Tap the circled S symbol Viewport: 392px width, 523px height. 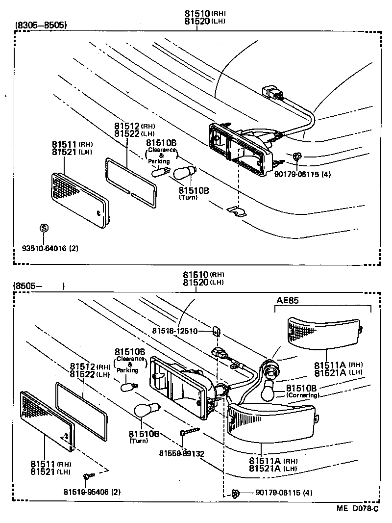pos(44,228)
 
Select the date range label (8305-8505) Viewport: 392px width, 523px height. pos(41,25)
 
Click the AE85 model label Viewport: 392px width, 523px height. pos(287,300)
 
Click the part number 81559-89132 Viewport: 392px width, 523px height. pos(181,452)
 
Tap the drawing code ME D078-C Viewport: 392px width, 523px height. pos(357,508)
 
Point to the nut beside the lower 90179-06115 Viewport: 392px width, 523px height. pos(235,492)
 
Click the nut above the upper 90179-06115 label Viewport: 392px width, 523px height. pos(296,157)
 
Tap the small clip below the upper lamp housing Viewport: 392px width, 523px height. pos(238,211)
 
